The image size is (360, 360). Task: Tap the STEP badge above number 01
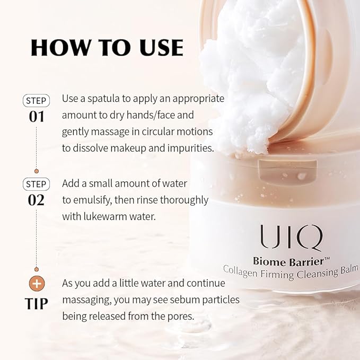[36, 101]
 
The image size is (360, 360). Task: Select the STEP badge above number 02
[36, 184]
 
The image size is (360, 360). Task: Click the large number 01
[36, 117]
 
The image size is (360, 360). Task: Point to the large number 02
[36, 200]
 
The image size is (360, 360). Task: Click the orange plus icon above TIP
[37, 284]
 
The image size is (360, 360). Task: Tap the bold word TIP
[36, 303]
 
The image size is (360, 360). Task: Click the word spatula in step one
[103, 99]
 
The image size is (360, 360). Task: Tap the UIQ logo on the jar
[291, 237]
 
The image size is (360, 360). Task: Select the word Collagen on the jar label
[240, 271]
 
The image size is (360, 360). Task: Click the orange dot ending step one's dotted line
[37, 171]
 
